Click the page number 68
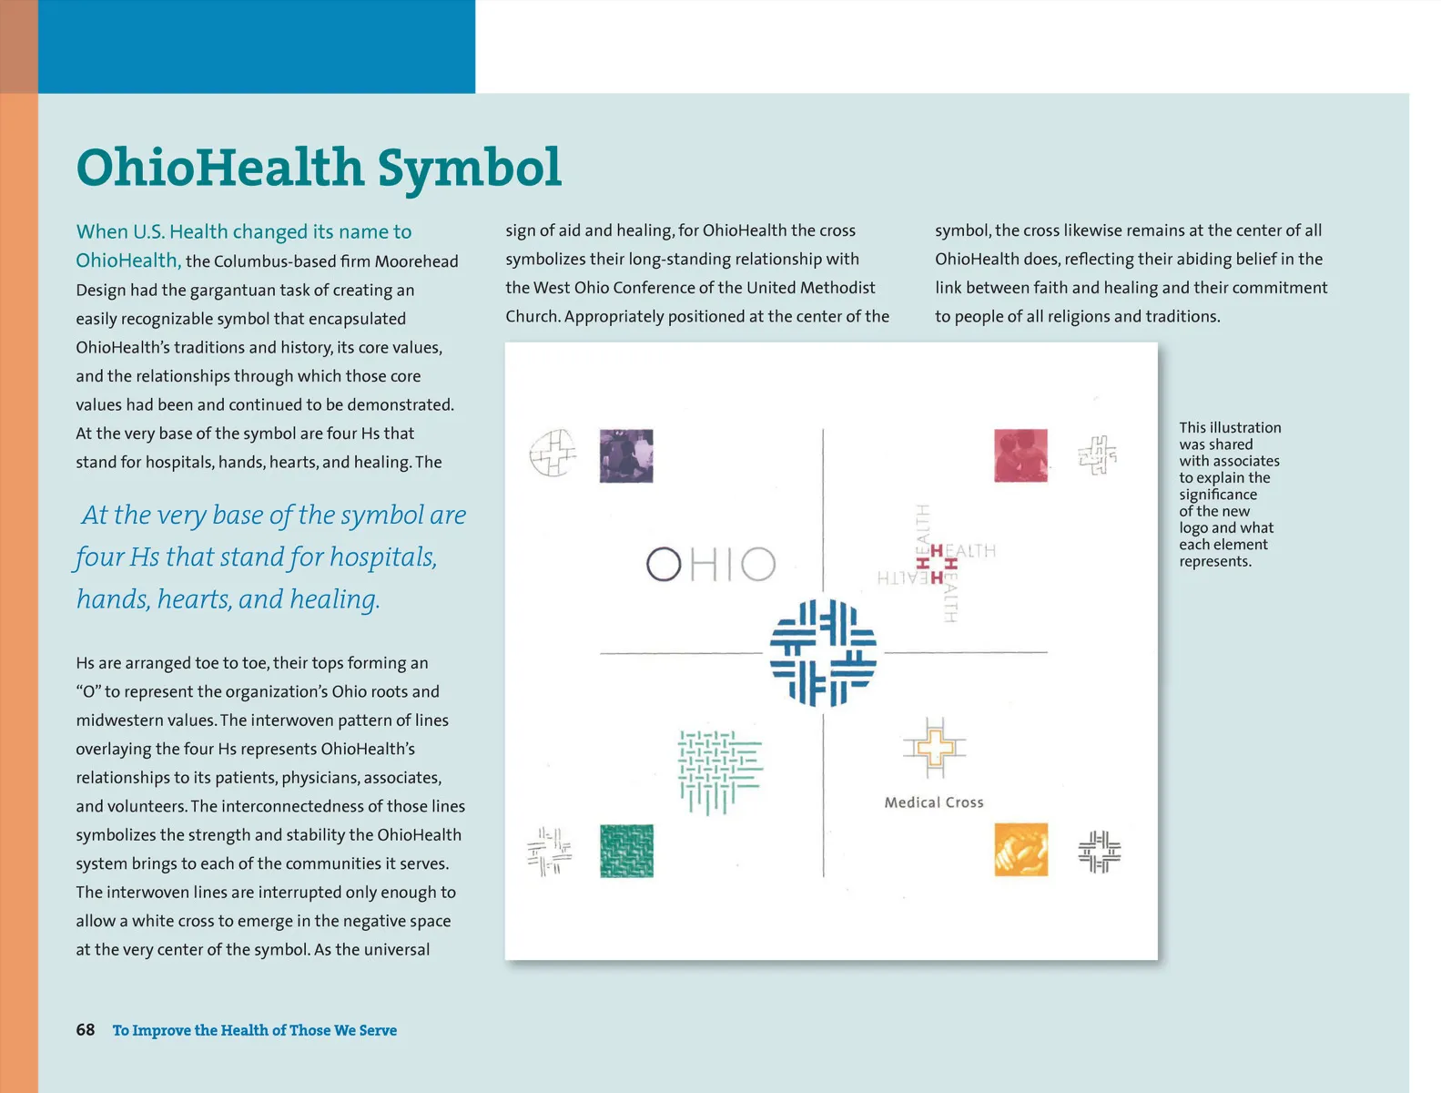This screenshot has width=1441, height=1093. coord(86,1030)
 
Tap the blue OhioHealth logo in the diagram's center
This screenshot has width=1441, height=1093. coord(823,653)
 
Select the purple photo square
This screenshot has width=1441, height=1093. coord(626,455)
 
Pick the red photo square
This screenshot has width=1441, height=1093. coord(1020,455)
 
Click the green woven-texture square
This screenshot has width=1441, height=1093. coord(626,851)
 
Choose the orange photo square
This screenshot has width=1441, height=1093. coord(1020,850)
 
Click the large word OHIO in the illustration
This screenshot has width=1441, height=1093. coord(711,565)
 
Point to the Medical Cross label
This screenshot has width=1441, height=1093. coord(934,802)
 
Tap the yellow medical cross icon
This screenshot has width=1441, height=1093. coord(935,749)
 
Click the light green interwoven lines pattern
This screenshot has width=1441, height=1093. coord(719,771)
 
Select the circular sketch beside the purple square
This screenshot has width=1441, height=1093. coord(553,453)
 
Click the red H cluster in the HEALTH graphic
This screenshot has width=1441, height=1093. coord(938,565)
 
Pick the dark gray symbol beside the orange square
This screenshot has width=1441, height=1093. coord(1099,852)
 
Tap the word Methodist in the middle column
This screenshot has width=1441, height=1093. coord(837,288)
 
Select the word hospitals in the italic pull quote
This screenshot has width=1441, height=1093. coord(382,557)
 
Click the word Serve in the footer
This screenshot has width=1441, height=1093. coord(378,1030)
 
